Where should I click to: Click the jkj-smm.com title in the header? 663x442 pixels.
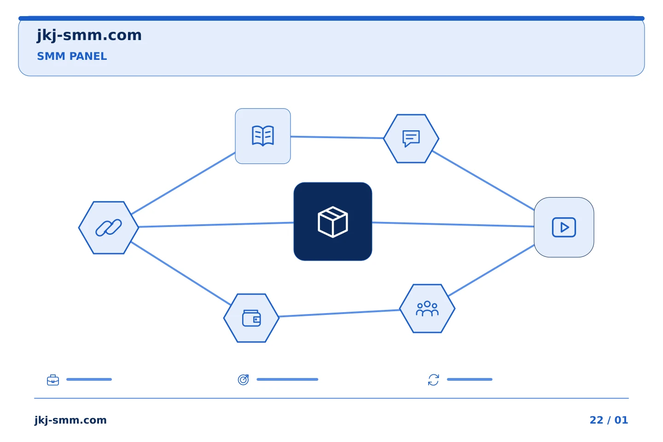pyautogui.click(x=89, y=35)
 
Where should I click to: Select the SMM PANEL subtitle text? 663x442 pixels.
pyautogui.click(x=72, y=56)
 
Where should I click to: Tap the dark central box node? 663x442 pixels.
pyautogui.click(x=333, y=221)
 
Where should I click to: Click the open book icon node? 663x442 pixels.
pyautogui.click(x=263, y=136)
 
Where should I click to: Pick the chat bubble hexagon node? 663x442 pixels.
pyautogui.click(x=411, y=139)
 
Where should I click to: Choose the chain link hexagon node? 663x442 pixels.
pyautogui.click(x=109, y=227)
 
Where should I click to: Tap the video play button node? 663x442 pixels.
pyautogui.click(x=564, y=227)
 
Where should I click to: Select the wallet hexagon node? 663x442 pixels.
pyautogui.click(x=251, y=318)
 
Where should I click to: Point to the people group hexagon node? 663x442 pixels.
pyautogui.click(x=427, y=308)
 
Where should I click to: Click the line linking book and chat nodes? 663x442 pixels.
pyautogui.click(x=337, y=137)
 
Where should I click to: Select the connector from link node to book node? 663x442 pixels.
pyautogui.click(x=183, y=183)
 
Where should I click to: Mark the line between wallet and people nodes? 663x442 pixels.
pyautogui.click(x=339, y=313)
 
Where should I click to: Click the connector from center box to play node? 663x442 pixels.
pyautogui.click(x=453, y=224)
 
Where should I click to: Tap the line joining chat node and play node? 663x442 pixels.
pyautogui.click(x=483, y=180)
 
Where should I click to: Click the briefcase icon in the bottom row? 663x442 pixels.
pyautogui.click(x=53, y=380)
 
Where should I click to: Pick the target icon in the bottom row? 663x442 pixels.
pyautogui.click(x=243, y=379)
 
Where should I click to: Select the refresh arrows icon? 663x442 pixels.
pyautogui.click(x=433, y=380)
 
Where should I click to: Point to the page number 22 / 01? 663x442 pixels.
pyautogui.click(x=609, y=420)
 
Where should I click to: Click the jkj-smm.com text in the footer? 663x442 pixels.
pyautogui.click(x=70, y=420)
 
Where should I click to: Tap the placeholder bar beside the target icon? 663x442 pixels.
pyautogui.click(x=287, y=379)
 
